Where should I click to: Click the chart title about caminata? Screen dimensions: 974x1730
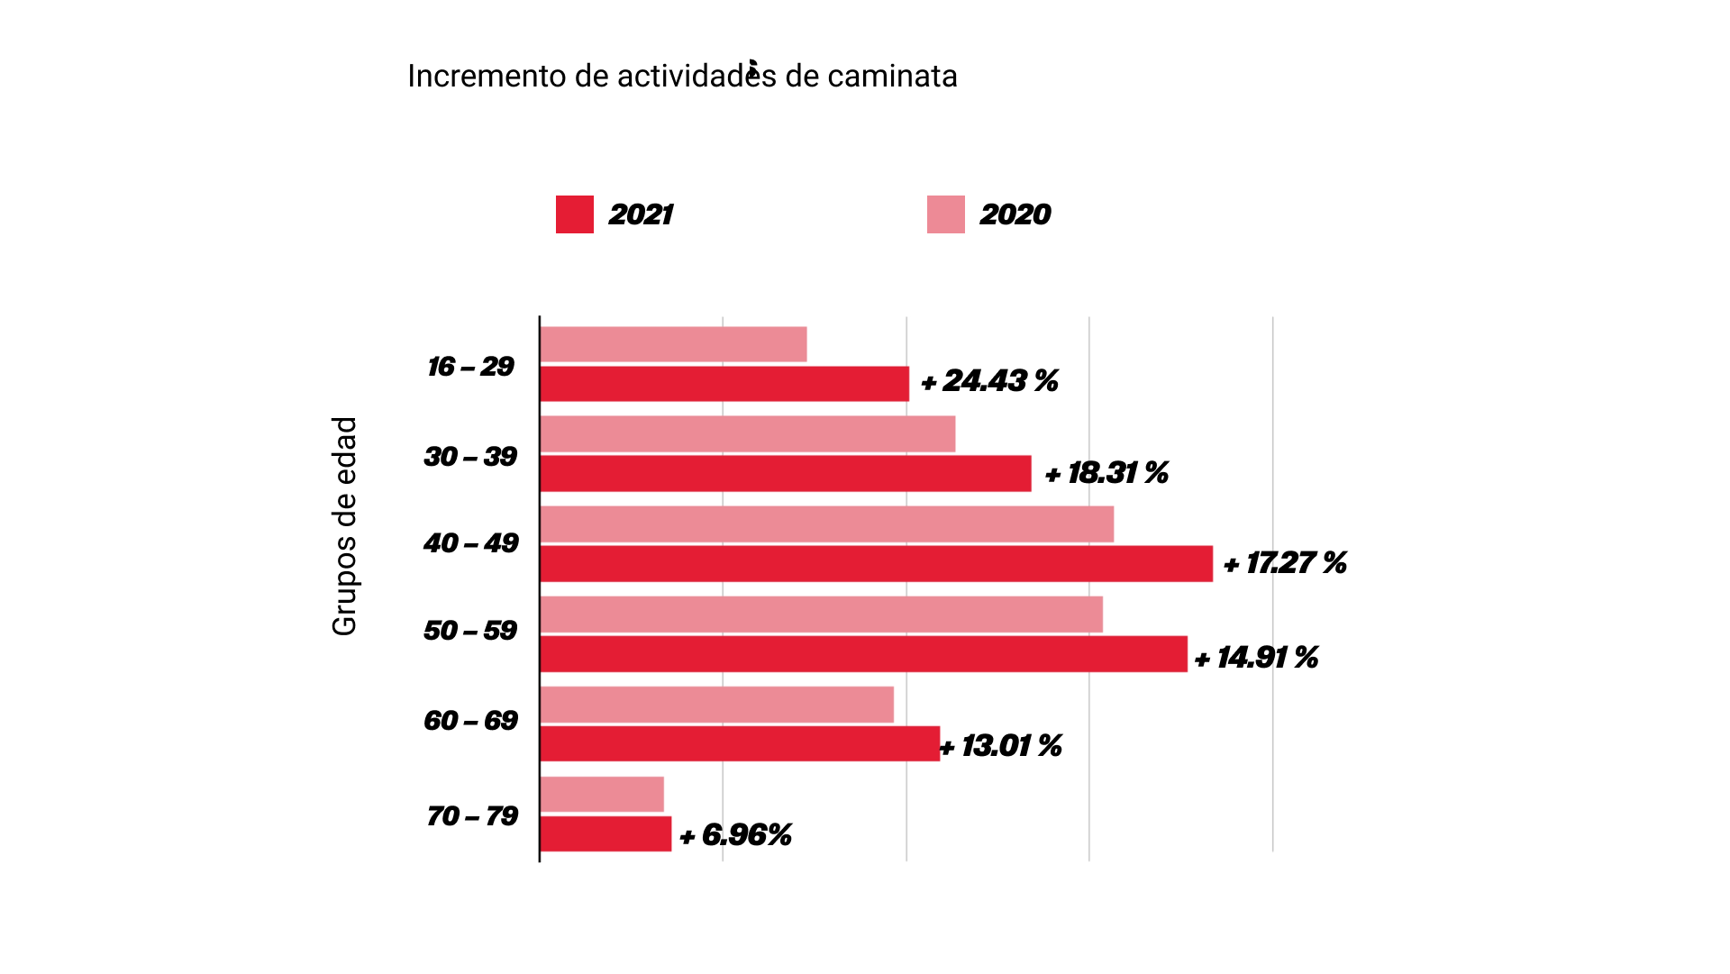[x=682, y=77]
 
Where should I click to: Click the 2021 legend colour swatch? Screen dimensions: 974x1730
[x=574, y=214]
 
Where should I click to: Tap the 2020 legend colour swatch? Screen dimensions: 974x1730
[x=945, y=214]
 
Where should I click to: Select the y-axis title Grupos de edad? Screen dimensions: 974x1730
[x=344, y=526]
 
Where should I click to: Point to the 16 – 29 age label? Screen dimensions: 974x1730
[x=470, y=367]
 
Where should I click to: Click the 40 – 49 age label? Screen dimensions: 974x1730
[x=471, y=543]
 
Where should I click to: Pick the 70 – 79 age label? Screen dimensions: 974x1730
[x=472, y=816]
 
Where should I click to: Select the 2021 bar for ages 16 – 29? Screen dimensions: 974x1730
[x=724, y=384]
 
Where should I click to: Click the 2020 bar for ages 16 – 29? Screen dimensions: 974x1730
[x=673, y=344]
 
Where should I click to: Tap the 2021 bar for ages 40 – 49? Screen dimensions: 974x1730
[x=876, y=564]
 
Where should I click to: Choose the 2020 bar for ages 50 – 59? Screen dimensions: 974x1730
[x=821, y=614]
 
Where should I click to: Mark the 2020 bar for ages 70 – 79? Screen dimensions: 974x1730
[x=602, y=795]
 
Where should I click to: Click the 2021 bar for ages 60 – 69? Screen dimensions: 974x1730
[x=740, y=744]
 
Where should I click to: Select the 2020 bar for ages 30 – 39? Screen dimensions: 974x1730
[x=747, y=434]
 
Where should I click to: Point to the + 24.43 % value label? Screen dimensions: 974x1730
[x=989, y=381]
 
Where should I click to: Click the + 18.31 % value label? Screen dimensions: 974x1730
[x=1106, y=473]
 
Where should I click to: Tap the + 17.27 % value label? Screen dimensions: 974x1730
[x=1285, y=563]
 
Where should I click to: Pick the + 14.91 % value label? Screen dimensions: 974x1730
[x=1256, y=658]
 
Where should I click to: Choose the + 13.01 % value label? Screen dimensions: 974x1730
[x=1001, y=746]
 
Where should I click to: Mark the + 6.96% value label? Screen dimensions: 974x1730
[x=735, y=835]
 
